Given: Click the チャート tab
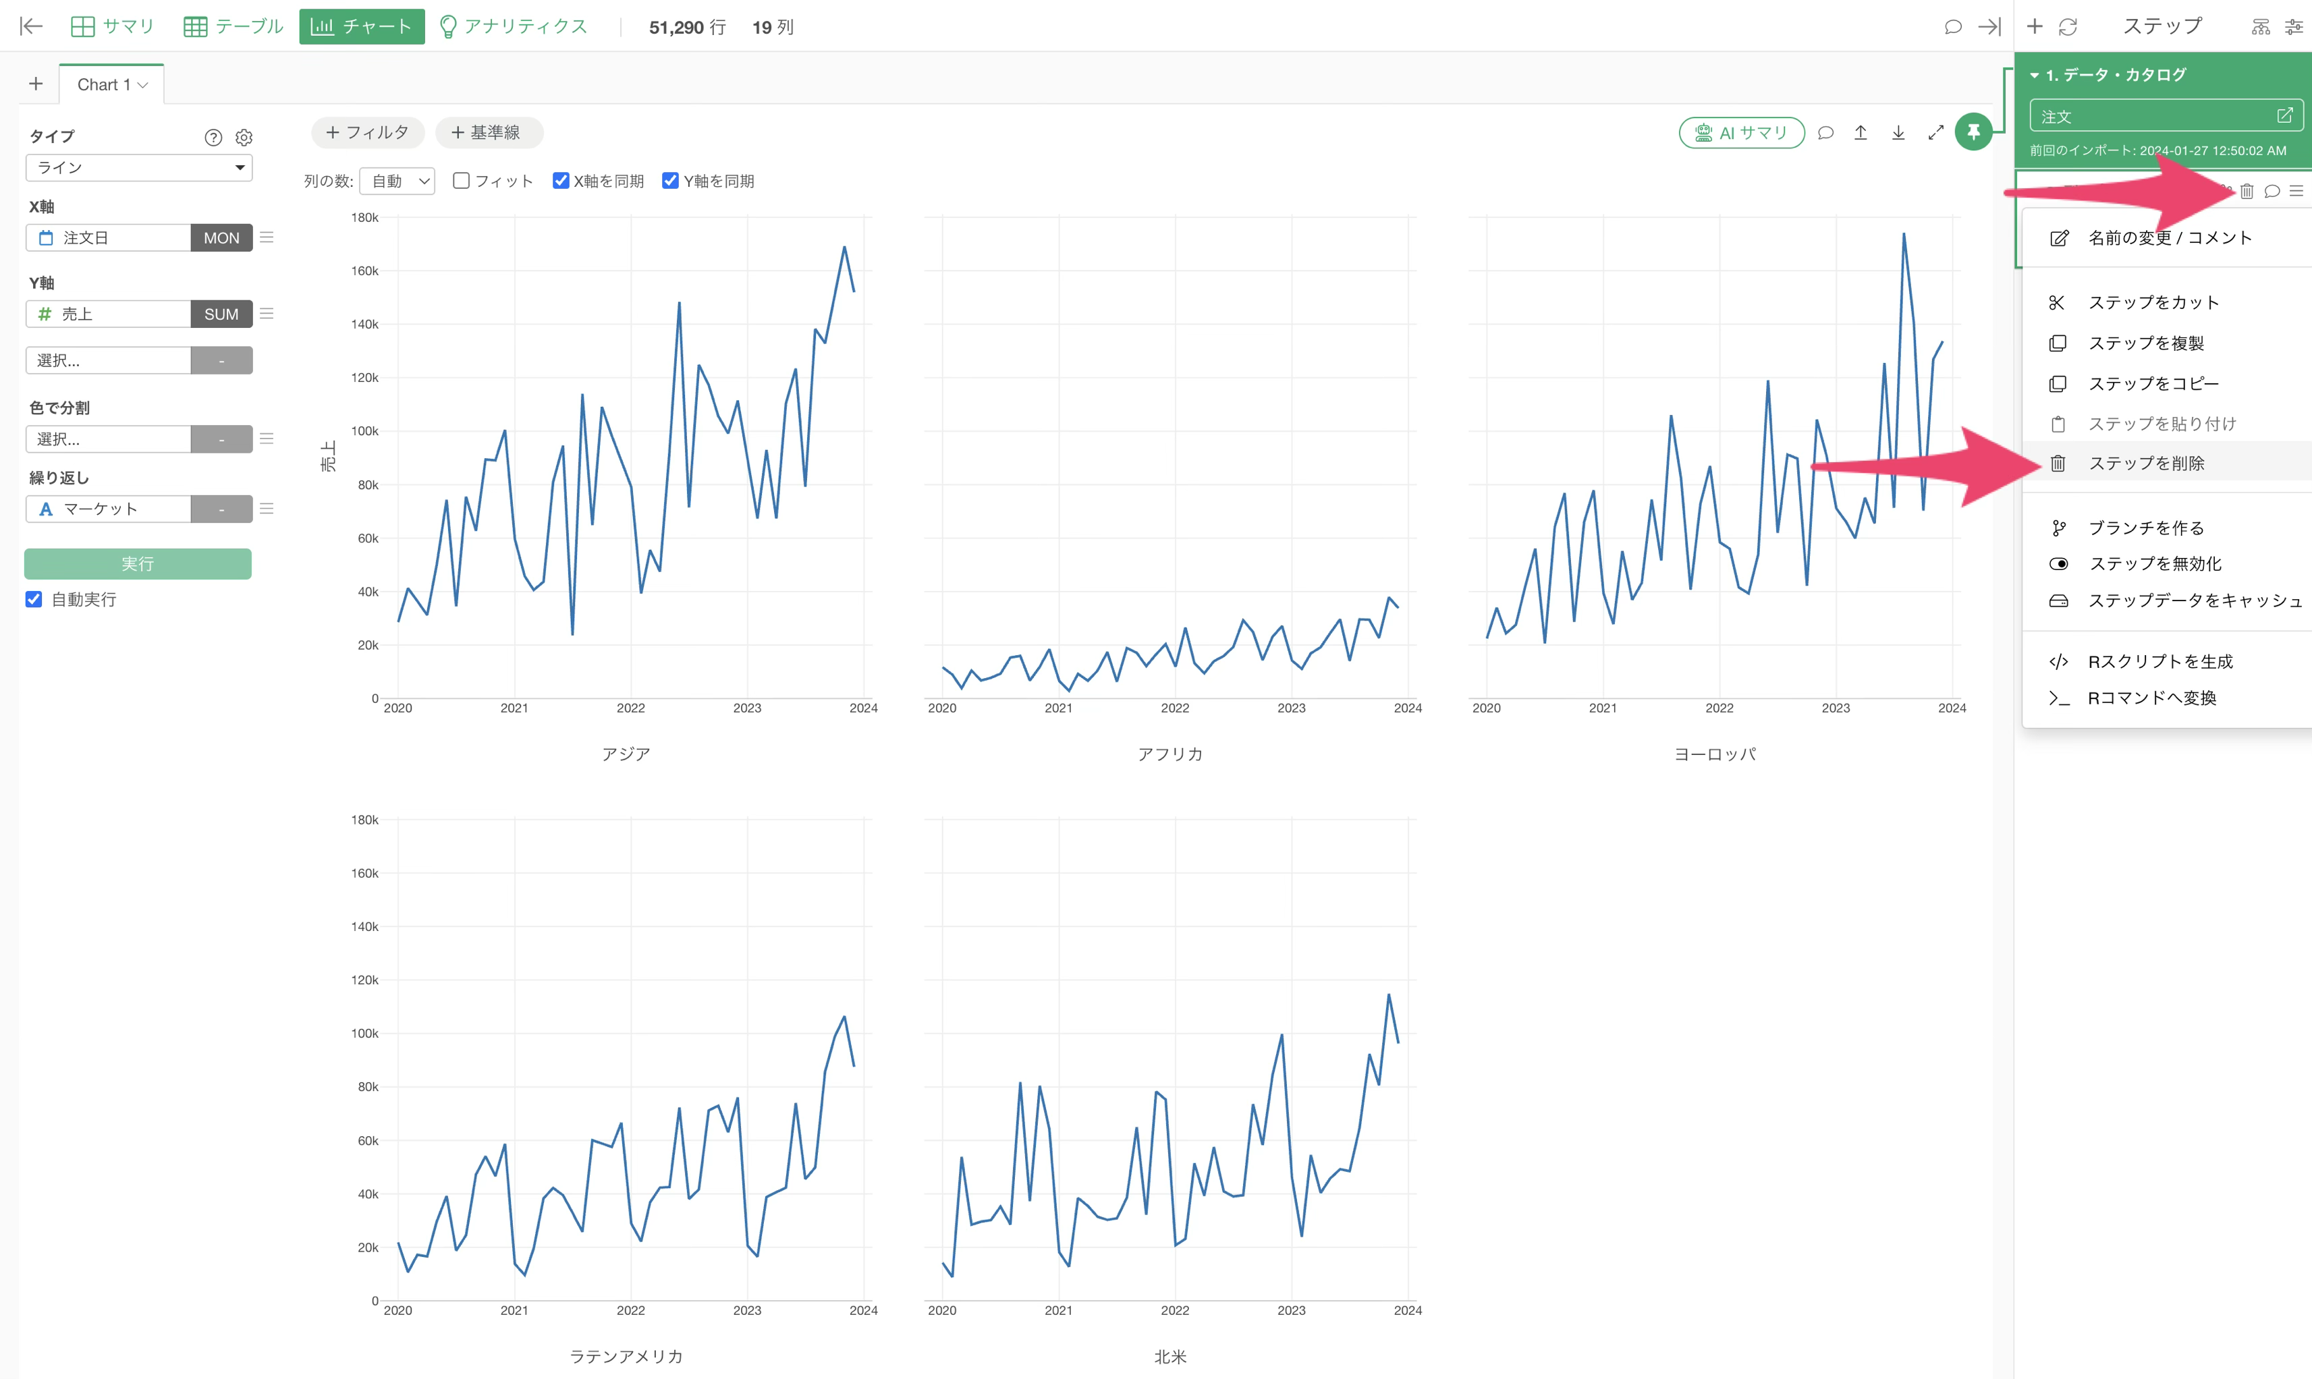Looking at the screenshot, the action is pyautogui.click(x=362, y=26).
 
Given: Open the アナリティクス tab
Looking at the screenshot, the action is pyautogui.click(x=513, y=26).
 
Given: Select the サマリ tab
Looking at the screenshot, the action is pyautogui.click(x=113, y=26).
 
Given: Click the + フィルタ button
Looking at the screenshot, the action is pyautogui.click(x=367, y=132).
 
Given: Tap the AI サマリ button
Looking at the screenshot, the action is pyautogui.click(x=1742, y=133).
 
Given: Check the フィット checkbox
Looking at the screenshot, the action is pyautogui.click(x=461, y=180).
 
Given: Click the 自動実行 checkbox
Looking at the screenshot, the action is pyautogui.click(x=34, y=599).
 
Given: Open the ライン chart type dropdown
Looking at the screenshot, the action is pyautogui.click(x=138, y=167).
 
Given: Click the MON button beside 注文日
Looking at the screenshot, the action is pyautogui.click(x=221, y=238).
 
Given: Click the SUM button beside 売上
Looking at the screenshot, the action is pyautogui.click(x=221, y=314).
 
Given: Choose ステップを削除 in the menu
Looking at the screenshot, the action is pyautogui.click(x=2147, y=463).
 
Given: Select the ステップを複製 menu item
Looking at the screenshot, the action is pyautogui.click(x=2147, y=343).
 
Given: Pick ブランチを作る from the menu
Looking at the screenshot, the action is pyautogui.click(x=2147, y=528).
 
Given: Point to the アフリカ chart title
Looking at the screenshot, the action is pyautogui.click(x=1170, y=754).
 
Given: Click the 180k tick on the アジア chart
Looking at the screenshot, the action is pyautogui.click(x=365, y=217).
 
